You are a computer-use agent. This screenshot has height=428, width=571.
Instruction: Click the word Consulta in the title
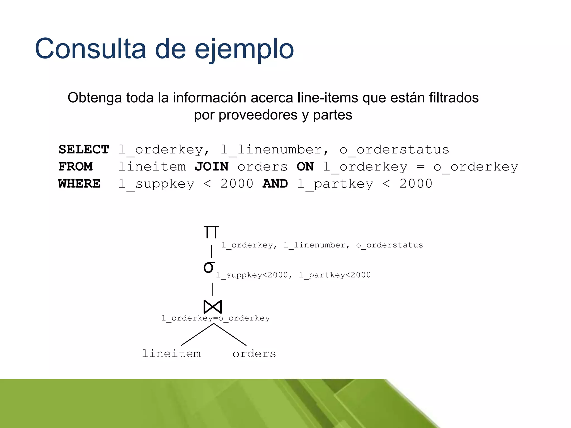click(x=90, y=49)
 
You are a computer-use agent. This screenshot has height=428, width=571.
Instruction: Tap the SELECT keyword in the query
click(x=84, y=150)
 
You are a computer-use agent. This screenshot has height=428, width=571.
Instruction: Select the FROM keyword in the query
click(x=75, y=167)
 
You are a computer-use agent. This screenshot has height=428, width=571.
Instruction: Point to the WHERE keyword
click(x=79, y=184)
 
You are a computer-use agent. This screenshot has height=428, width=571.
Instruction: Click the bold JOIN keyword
click(x=212, y=167)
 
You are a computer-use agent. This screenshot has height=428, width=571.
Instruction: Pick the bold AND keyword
click(x=275, y=184)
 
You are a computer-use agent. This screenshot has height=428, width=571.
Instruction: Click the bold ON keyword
click(x=305, y=167)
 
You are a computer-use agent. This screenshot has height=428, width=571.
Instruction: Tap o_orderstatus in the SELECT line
click(x=394, y=150)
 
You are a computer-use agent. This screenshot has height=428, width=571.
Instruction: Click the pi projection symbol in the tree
click(x=211, y=232)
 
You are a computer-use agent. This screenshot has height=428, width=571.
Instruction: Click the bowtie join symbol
click(x=213, y=307)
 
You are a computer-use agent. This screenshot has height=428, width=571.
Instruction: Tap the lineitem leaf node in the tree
click(x=171, y=354)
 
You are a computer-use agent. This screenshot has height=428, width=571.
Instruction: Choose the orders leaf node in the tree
click(x=254, y=354)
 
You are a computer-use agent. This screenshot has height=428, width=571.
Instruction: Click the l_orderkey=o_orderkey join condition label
click(x=216, y=318)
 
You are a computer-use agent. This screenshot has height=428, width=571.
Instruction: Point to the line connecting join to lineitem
click(x=197, y=334)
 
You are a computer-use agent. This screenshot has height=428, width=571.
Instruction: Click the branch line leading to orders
click(x=230, y=334)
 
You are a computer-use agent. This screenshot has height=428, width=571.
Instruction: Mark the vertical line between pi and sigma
click(x=211, y=251)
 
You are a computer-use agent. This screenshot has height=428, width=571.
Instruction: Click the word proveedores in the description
click(x=258, y=115)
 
